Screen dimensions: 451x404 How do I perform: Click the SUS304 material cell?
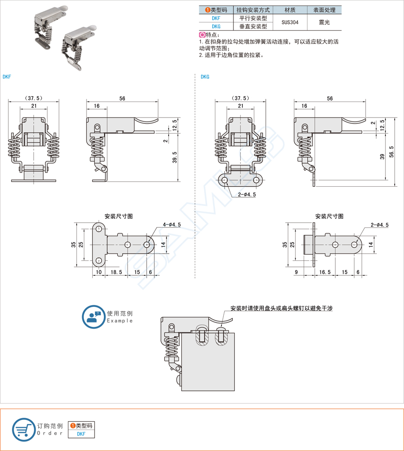(x=290, y=22)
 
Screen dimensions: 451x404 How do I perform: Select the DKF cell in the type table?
(x=216, y=19)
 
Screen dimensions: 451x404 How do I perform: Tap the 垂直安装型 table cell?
(x=253, y=27)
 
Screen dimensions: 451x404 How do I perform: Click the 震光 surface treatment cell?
(x=325, y=22)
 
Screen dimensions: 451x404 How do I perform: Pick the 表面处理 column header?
(x=325, y=10)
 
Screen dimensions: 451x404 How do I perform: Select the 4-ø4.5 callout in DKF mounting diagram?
(x=172, y=225)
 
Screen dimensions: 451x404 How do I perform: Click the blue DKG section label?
(x=205, y=77)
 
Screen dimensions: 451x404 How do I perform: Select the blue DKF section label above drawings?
(x=7, y=77)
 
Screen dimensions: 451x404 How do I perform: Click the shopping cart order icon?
(x=24, y=429)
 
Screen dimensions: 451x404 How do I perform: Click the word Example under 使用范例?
(x=120, y=321)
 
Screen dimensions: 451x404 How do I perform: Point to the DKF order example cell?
(x=81, y=434)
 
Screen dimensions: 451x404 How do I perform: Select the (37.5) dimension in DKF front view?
(x=34, y=98)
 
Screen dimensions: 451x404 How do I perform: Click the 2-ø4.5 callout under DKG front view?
(x=247, y=194)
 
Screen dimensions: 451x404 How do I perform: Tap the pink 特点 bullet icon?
(x=202, y=35)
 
